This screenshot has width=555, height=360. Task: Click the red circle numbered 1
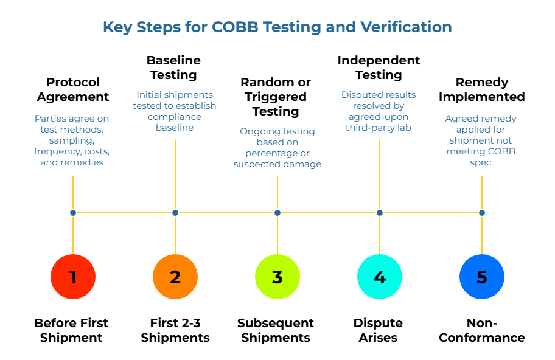[x=73, y=277]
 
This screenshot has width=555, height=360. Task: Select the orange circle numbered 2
[x=175, y=277]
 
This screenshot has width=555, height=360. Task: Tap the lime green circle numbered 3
[x=277, y=277]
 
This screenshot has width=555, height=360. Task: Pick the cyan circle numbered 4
[x=380, y=277]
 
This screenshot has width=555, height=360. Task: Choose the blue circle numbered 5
[x=482, y=277]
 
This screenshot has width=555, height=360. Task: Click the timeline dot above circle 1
[x=73, y=213]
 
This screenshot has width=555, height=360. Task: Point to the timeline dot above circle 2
[x=175, y=213]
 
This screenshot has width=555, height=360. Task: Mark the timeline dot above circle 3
[x=277, y=213]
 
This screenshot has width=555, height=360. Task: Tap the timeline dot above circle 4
[x=380, y=213]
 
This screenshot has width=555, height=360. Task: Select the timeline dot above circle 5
[x=482, y=213]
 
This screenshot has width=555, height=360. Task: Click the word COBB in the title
[x=236, y=27]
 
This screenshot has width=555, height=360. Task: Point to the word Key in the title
[x=116, y=27]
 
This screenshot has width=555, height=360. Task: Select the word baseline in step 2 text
[x=175, y=128]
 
